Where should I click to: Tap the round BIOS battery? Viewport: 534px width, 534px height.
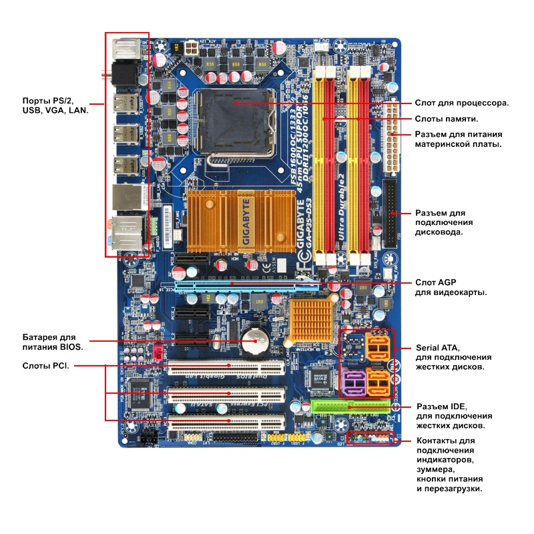(254, 341)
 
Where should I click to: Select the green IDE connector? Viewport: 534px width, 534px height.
(351, 407)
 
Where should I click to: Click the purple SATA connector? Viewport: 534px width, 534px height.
(353, 383)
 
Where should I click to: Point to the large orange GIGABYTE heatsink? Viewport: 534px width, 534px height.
(241, 220)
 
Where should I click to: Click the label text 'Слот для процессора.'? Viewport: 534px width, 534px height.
(462, 103)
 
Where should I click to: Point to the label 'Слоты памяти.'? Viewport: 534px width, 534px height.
(447, 119)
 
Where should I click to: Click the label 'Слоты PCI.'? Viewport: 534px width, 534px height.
(46, 366)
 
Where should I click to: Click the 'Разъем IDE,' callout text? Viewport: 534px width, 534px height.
(441, 407)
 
